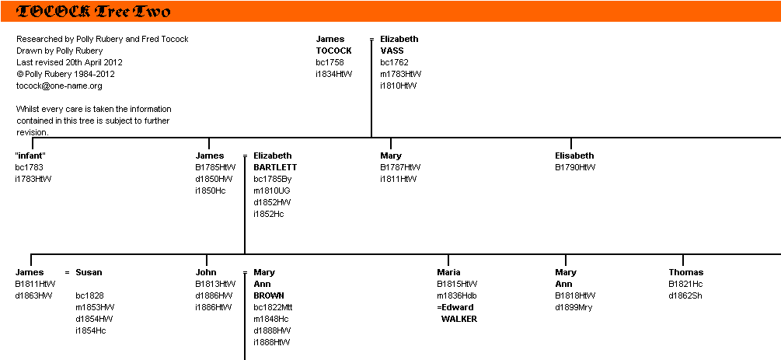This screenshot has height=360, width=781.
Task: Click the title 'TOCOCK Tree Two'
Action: pos(93,12)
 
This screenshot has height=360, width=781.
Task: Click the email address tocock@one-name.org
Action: pos(59,86)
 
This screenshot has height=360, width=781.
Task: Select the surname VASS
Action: pos(392,51)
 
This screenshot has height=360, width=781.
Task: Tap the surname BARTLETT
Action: pos(275,167)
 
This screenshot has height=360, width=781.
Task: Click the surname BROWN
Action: pos(269,295)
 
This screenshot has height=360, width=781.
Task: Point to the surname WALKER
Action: pos(458,319)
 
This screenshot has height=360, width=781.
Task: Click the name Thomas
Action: pos(686,272)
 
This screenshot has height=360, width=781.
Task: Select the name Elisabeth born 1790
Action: pos(574,156)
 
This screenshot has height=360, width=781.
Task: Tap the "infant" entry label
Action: pos(30,156)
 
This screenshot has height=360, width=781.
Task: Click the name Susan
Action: pos(89,272)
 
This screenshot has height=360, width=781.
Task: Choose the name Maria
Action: pos(448,272)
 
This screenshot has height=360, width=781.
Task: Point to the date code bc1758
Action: pos(329,62)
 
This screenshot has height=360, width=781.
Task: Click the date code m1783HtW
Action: pos(401,74)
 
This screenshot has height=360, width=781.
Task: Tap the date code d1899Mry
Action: pos(574,307)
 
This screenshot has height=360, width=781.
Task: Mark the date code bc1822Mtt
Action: pos(273,307)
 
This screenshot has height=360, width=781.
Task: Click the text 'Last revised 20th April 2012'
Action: pos(69,62)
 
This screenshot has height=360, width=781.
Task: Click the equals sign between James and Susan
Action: pos(68,273)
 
